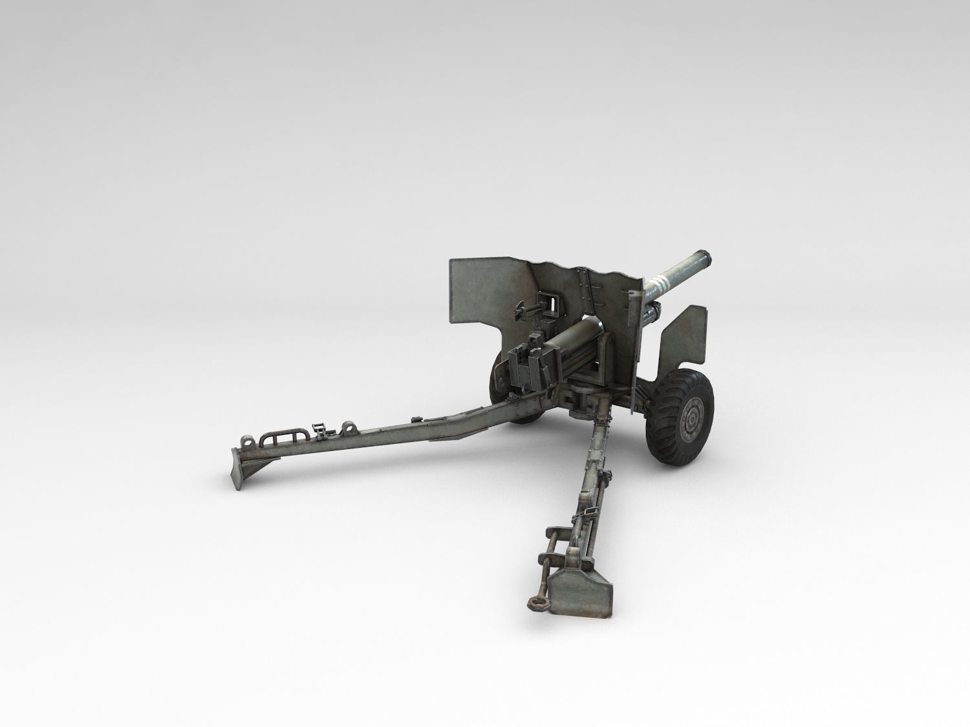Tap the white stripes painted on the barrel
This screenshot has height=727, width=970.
pos(659,282)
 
